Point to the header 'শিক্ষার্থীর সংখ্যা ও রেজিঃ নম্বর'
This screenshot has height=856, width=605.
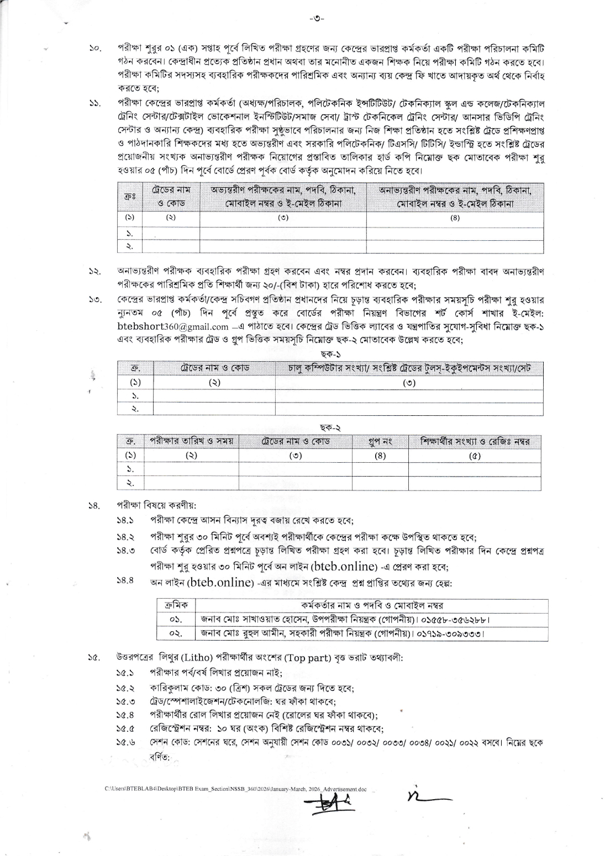pos(475,442)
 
